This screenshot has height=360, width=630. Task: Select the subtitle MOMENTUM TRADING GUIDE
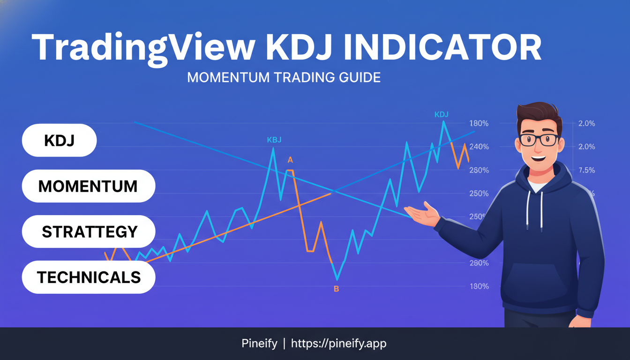[x=284, y=77]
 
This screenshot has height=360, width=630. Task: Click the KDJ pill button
[x=59, y=140]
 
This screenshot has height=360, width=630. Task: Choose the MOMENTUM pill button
[x=88, y=186]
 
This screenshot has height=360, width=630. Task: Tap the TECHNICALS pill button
[x=89, y=277]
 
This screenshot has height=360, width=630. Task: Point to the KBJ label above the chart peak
[x=274, y=140]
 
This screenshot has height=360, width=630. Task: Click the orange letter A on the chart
[x=290, y=160]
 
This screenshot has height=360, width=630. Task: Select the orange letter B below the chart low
[x=336, y=289]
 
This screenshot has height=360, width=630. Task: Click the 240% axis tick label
[x=479, y=147]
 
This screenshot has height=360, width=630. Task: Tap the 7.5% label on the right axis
[x=586, y=170]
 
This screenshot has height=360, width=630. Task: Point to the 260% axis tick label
[x=479, y=170]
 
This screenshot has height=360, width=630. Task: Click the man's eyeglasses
[x=539, y=139]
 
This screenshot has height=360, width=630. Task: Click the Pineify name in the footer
[x=259, y=344]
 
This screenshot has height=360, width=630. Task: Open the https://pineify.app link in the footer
[x=338, y=344]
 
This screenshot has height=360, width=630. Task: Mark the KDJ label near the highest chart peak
[x=442, y=114]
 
